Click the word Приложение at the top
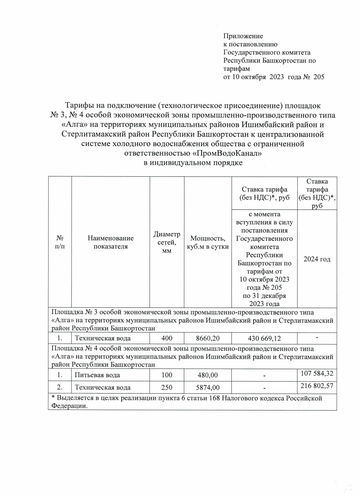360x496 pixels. coord(243,36)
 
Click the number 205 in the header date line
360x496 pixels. coord(319,77)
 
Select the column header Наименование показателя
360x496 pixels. coord(110,242)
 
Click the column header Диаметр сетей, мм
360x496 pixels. coord(167,242)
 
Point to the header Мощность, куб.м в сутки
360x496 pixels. coord(208,242)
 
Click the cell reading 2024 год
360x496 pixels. coord(317,259)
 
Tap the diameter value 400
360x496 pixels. coord(167,338)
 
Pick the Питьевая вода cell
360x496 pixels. coord(97,375)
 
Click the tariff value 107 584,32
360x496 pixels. coord(317,373)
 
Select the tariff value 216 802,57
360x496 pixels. coord(317,386)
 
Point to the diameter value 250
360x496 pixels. coord(167,387)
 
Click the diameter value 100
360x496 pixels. coord(167,375)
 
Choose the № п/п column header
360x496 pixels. coord(60,242)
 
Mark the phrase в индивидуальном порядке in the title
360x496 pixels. coord(192,163)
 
